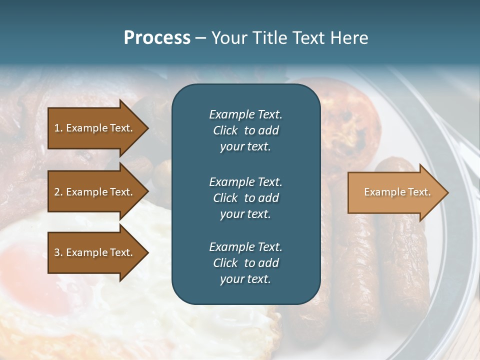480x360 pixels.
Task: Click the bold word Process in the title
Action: [157, 38]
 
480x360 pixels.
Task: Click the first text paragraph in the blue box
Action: [245, 130]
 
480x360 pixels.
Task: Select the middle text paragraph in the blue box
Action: [245, 197]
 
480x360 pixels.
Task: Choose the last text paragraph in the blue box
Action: [245, 263]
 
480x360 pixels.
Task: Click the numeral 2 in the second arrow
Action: [57, 192]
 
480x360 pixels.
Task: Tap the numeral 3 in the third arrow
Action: [57, 252]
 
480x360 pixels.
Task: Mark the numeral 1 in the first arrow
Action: [57, 128]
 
